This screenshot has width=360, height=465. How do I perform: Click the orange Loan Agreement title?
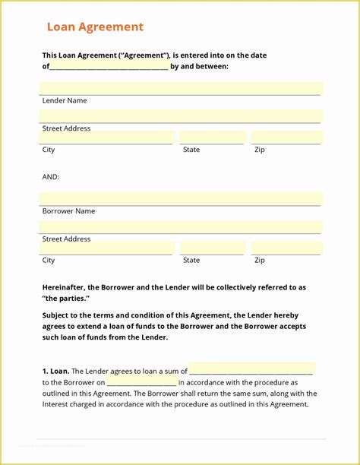coord(95,27)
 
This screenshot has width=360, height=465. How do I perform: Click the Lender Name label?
coord(65,100)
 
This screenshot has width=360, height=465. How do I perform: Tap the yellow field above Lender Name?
coord(181,88)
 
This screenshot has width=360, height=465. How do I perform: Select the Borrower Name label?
coord(68,211)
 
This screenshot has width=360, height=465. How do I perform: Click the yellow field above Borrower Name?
coord(181,199)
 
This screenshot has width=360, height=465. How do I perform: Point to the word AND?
coord(51,177)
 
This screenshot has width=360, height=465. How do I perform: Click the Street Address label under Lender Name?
coord(66,128)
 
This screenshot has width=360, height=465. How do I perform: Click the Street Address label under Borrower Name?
coord(66,239)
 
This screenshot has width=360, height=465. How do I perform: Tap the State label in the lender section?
coord(191,150)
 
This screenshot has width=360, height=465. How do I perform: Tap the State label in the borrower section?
coord(191,260)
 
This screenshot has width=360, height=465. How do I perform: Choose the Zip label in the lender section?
coord(260,150)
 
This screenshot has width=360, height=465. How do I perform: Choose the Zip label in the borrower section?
coord(260,260)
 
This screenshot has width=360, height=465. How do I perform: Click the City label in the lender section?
coord(49,150)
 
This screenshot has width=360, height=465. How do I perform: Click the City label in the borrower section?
coord(49,260)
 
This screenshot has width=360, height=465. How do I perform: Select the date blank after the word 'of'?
coord(109,67)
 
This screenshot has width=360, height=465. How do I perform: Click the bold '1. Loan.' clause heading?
coord(55,371)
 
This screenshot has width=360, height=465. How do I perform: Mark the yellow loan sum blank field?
coord(251,369)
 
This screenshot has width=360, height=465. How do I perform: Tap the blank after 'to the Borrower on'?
coord(142,382)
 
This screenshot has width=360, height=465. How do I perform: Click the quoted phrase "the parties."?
coord(65,299)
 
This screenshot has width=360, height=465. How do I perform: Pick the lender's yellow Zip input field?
coord(286,138)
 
